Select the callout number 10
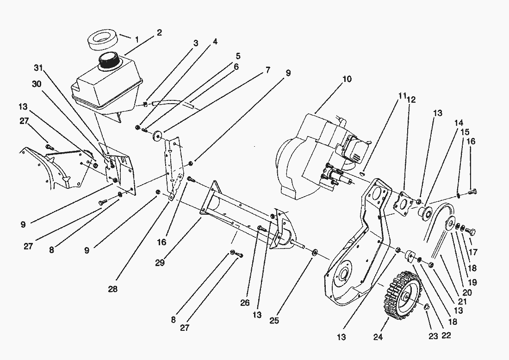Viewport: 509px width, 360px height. [x=347, y=79]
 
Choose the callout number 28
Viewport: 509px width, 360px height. [x=113, y=289]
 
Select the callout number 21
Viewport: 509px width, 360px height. [x=462, y=302]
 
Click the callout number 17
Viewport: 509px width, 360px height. [x=473, y=253]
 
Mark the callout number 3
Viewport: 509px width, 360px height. [x=196, y=43]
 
